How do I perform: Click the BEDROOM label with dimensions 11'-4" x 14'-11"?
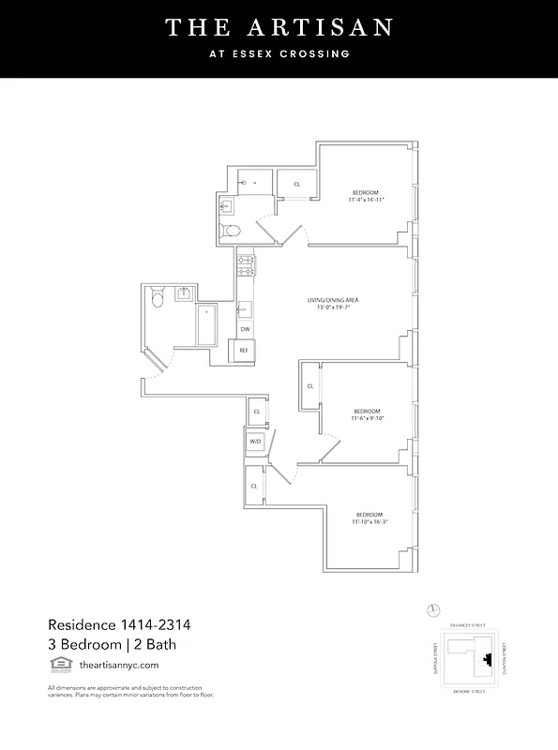367,195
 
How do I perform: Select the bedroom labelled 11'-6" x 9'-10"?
367,415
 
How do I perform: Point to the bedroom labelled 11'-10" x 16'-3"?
369,518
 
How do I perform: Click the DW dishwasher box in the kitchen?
245,329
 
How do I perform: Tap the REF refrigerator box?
244,350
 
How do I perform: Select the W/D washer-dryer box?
255,442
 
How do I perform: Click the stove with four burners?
246,264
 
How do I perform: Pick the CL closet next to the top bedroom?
297,184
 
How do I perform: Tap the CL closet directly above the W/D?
256,412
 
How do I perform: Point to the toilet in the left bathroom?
158,297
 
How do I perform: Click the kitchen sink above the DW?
244,307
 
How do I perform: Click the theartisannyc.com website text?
119,665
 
